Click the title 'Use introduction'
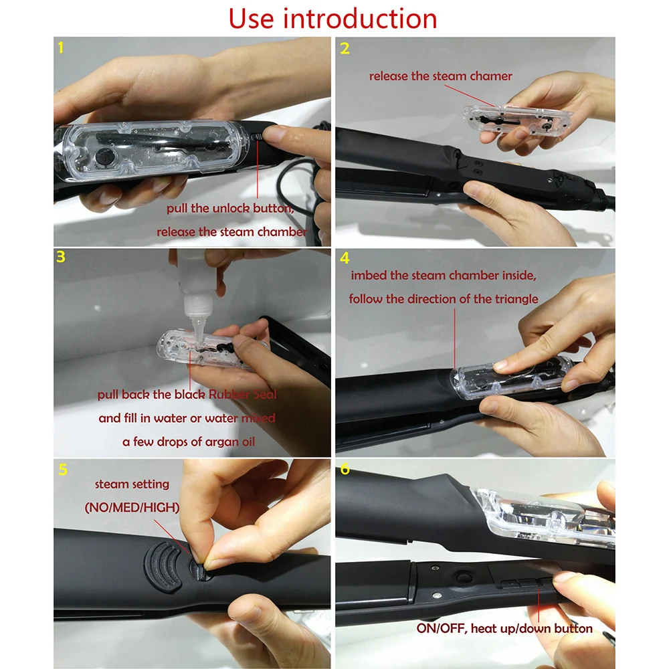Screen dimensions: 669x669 click(332, 18)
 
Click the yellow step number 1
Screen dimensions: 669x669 click(62, 48)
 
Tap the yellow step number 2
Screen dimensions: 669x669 click(345, 48)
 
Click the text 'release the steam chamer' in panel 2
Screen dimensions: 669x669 click(440, 76)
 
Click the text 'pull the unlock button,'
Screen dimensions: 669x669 click(231, 208)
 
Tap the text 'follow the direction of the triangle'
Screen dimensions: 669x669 click(443, 298)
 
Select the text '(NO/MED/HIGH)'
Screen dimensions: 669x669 click(132, 508)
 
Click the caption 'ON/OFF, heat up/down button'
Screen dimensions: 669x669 click(504, 628)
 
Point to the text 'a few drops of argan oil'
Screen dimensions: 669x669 click(188, 442)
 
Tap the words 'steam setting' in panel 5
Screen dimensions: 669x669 click(132, 484)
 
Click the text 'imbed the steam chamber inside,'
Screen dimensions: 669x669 click(443, 275)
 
